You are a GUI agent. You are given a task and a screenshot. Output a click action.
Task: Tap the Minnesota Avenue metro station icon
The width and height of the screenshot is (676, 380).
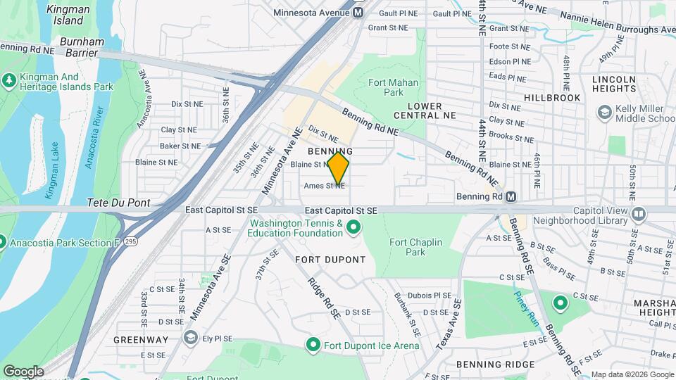359,13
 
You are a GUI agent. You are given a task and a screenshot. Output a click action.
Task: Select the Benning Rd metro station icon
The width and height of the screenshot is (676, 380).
511,196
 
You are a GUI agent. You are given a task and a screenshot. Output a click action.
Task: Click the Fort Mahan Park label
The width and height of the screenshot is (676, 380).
386,87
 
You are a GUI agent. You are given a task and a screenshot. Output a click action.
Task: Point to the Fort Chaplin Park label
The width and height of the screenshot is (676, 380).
415,247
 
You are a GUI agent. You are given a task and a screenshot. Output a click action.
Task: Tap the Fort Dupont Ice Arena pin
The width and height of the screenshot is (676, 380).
314,346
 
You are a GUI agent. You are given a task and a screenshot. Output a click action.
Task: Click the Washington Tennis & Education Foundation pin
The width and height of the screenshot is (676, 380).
353,227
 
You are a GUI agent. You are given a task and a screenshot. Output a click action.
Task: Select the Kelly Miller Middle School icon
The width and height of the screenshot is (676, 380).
604,113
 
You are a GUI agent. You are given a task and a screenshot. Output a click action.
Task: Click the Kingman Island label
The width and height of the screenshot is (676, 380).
68,15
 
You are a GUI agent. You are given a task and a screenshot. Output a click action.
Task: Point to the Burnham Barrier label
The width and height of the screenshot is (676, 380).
82,47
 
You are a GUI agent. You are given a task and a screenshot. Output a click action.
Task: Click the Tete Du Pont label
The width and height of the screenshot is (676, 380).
118,202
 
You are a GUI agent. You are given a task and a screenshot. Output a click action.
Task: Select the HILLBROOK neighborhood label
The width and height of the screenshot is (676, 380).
552,98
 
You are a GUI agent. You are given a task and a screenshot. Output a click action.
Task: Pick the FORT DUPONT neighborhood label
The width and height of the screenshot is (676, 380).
330,260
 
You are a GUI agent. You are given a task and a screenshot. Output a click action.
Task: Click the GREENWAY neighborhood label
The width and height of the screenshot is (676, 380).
141,339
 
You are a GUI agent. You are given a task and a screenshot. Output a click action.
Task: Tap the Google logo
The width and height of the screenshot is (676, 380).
23,371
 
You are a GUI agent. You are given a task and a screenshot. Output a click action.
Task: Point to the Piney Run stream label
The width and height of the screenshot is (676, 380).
525,308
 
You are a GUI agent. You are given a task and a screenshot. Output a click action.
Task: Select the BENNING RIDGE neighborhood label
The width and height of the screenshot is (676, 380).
487,364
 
